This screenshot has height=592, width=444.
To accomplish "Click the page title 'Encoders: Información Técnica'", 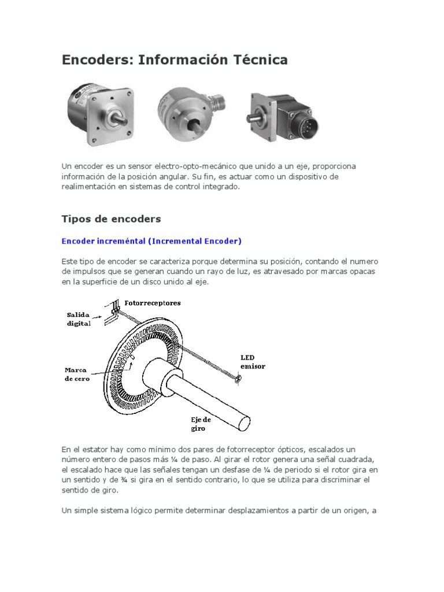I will pyautogui.click(x=175, y=60).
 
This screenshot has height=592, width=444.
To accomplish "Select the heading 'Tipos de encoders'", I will pyautogui.click(x=111, y=219).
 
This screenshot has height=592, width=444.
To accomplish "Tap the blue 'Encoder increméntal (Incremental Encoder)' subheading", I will pyautogui.click(x=151, y=240).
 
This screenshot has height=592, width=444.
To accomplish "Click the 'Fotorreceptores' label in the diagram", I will pyautogui.click(x=153, y=303).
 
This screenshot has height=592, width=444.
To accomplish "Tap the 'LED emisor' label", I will pyautogui.click(x=253, y=362).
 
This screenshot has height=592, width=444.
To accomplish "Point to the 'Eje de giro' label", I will pyautogui.click(x=202, y=424).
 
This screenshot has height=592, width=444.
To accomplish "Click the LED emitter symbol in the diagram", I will pyautogui.click(x=238, y=378).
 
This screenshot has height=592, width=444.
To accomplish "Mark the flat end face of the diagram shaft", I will pyautogui.click(x=242, y=421).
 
